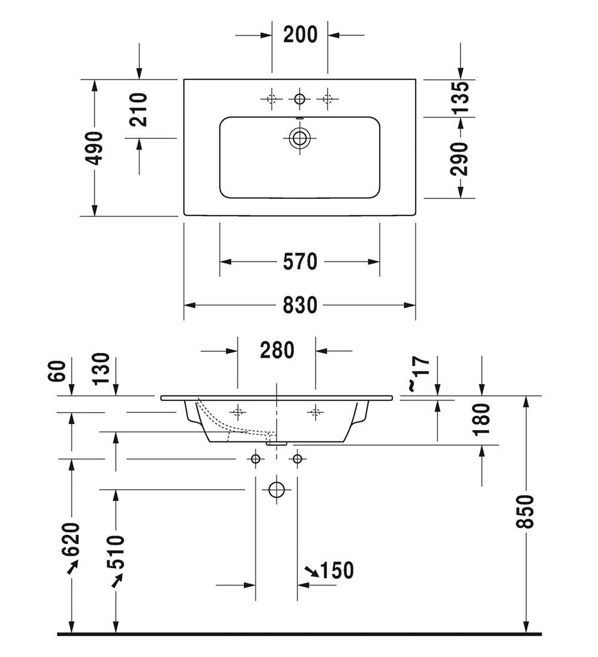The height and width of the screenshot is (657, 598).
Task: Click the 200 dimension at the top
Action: point(300,35)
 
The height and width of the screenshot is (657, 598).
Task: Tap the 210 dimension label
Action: point(139,110)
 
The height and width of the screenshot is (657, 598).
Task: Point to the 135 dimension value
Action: point(461,97)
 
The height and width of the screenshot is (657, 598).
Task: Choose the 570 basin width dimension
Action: point(300,262)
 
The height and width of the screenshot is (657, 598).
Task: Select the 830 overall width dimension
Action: point(300,305)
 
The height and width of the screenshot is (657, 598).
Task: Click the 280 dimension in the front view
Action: point(277,350)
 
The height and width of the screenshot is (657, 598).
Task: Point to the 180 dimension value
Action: point(482,419)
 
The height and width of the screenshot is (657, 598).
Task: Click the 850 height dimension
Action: point(526,511)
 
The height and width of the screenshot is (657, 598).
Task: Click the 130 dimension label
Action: point(102,369)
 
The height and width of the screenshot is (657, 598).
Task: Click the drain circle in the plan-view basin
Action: point(299,139)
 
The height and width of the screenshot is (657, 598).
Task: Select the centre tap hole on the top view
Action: point(299,99)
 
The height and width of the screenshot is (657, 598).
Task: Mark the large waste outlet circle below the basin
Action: point(276,489)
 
